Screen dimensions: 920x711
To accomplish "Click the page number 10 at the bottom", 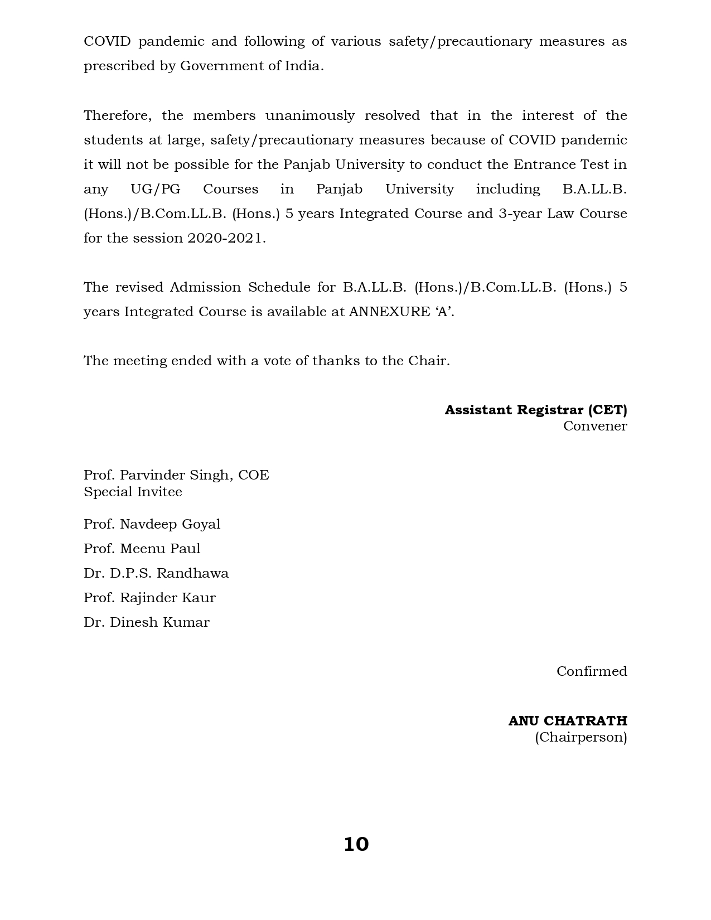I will coord(356,844).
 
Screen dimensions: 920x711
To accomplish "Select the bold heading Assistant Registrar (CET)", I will coord(535,410).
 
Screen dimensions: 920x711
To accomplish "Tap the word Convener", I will coord(594,426).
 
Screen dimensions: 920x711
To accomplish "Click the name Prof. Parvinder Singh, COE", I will coord(176,475).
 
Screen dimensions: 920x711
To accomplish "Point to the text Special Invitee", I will coord(133,492).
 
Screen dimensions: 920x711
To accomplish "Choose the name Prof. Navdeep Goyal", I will coord(152,524).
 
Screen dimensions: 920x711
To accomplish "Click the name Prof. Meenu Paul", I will coord(142,549).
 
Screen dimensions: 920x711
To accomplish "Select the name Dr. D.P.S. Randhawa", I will coord(156,573).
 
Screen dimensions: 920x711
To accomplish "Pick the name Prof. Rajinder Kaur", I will coord(149,598).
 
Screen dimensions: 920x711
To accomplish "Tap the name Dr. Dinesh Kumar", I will coord(147,622).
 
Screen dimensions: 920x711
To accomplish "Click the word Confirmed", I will coord(591,671).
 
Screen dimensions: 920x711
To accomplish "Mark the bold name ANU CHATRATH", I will coord(567,721).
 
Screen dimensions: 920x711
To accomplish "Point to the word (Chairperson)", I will coord(581,737).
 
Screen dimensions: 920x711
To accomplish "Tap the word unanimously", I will coord(310,115).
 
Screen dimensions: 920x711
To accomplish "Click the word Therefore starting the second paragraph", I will coord(117,115).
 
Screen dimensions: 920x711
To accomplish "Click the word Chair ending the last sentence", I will coord(427,361).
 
